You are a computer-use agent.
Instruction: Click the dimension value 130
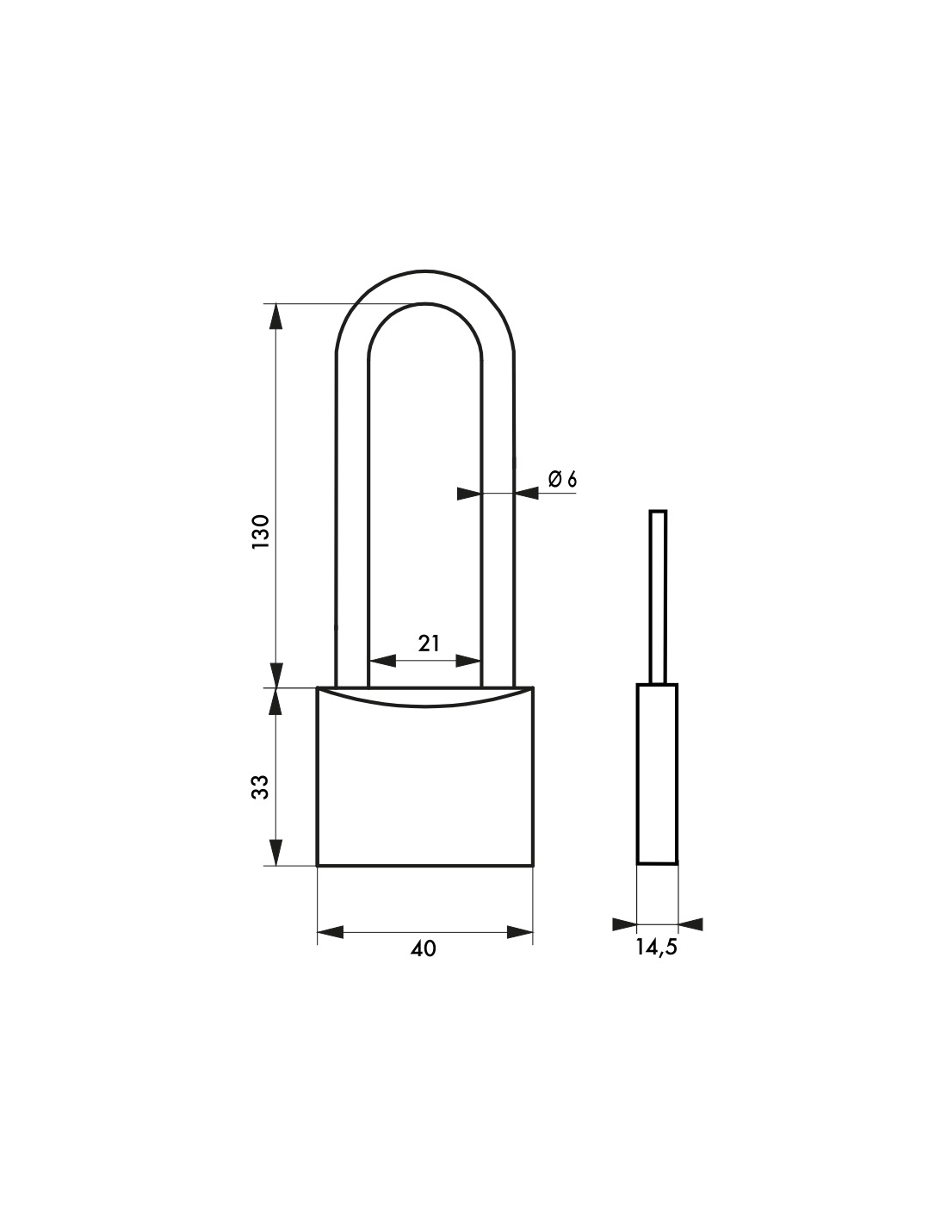point(262,532)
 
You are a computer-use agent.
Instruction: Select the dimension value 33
point(262,787)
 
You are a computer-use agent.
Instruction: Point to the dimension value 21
point(429,643)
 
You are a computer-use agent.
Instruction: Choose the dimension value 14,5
point(656,948)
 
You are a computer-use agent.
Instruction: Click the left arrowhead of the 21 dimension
point(381,661)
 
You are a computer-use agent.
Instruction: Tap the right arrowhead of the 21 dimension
point(468,661)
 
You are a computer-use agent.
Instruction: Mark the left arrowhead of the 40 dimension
point(330,932)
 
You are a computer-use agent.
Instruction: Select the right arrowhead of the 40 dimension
point(520,932)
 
